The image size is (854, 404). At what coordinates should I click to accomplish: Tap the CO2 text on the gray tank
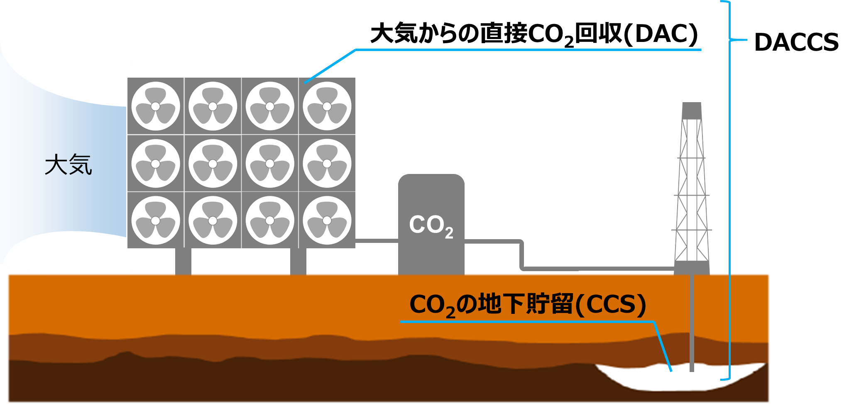[431, 226]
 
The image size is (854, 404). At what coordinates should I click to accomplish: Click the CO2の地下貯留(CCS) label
[527, 305]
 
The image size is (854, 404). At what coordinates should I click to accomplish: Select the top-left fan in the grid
[156, 106]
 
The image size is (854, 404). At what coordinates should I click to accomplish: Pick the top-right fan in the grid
[327, 106]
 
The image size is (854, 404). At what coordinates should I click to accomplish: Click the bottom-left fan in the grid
[156, 220]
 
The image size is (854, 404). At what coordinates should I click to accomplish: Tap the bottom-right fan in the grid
[327, 220]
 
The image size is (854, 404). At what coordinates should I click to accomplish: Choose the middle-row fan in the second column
[213, 164]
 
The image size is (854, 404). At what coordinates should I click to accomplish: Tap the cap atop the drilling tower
[692, 110]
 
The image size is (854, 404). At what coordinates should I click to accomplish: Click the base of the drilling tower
[692, 268]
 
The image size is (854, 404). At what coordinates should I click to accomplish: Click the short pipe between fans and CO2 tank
[377, 240]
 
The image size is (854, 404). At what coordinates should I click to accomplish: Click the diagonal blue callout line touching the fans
[330, 66]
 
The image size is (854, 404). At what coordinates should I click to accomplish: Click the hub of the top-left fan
[156, 106]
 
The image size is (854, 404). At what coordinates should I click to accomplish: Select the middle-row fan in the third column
[270, 164]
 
